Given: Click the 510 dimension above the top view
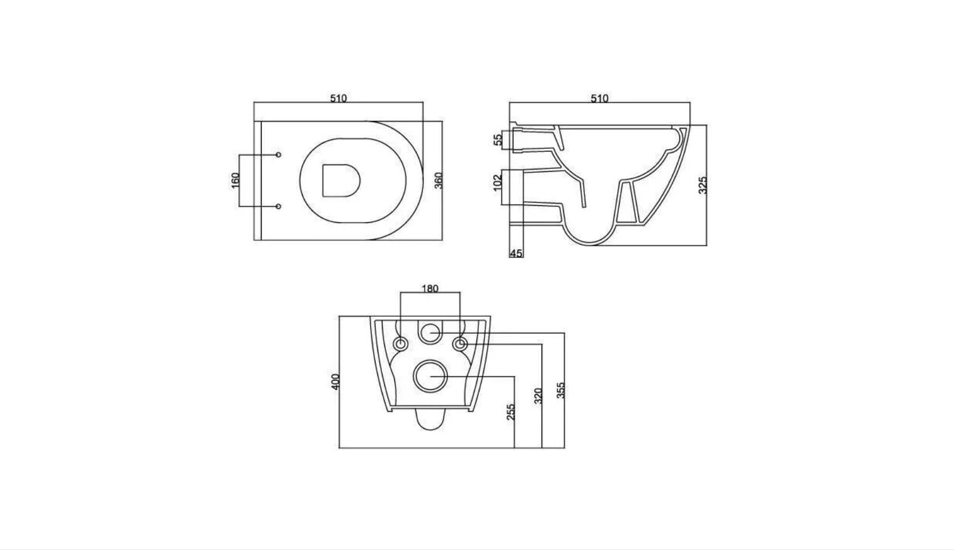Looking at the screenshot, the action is coord(339,99).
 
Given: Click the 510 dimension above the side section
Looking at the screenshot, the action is coord(600,99).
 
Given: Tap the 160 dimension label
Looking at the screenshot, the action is coord(235,181).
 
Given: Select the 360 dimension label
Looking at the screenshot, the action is coord(439,181).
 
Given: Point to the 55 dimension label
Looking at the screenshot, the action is coord(498,140).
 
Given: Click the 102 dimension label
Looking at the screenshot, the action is coord(498,182).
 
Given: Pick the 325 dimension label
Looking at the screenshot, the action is coord(703,186).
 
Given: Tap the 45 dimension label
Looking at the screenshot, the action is coord(516,253).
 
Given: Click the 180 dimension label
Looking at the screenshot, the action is coord(430,288).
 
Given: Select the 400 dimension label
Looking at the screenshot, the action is coord(336,382).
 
